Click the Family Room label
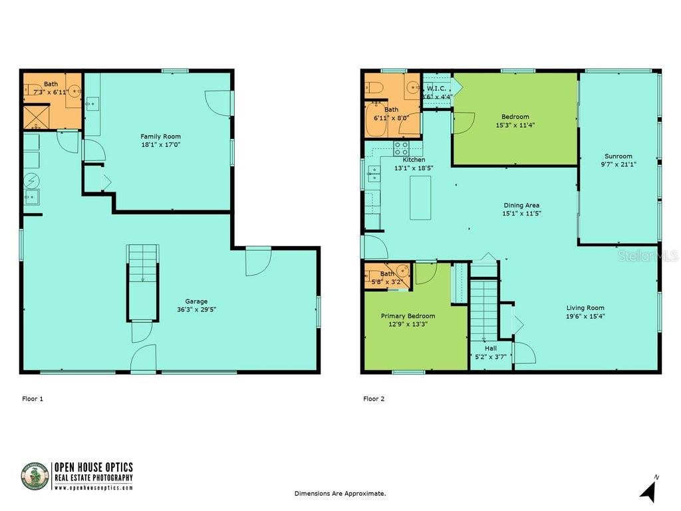(x=160, y=136)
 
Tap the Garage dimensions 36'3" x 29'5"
(x=196, y=309)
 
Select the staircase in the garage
(x=143, y=283)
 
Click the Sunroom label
(x=618, y=156)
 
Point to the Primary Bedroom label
(x=408, y=316)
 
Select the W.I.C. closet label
(x=436, y=88)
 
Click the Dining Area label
(x=521, y=206)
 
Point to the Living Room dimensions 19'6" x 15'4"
(x=585, y=317)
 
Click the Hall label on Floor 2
(x=490, y=348)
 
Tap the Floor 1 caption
(x=33, y=399)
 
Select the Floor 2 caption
(x=374, y=399)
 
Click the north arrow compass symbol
(x=648, y=490)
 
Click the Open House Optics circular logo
(x=35, y=476)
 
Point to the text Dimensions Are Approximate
(x=340, y=494)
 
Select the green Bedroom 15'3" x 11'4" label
(x=515, y=121)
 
